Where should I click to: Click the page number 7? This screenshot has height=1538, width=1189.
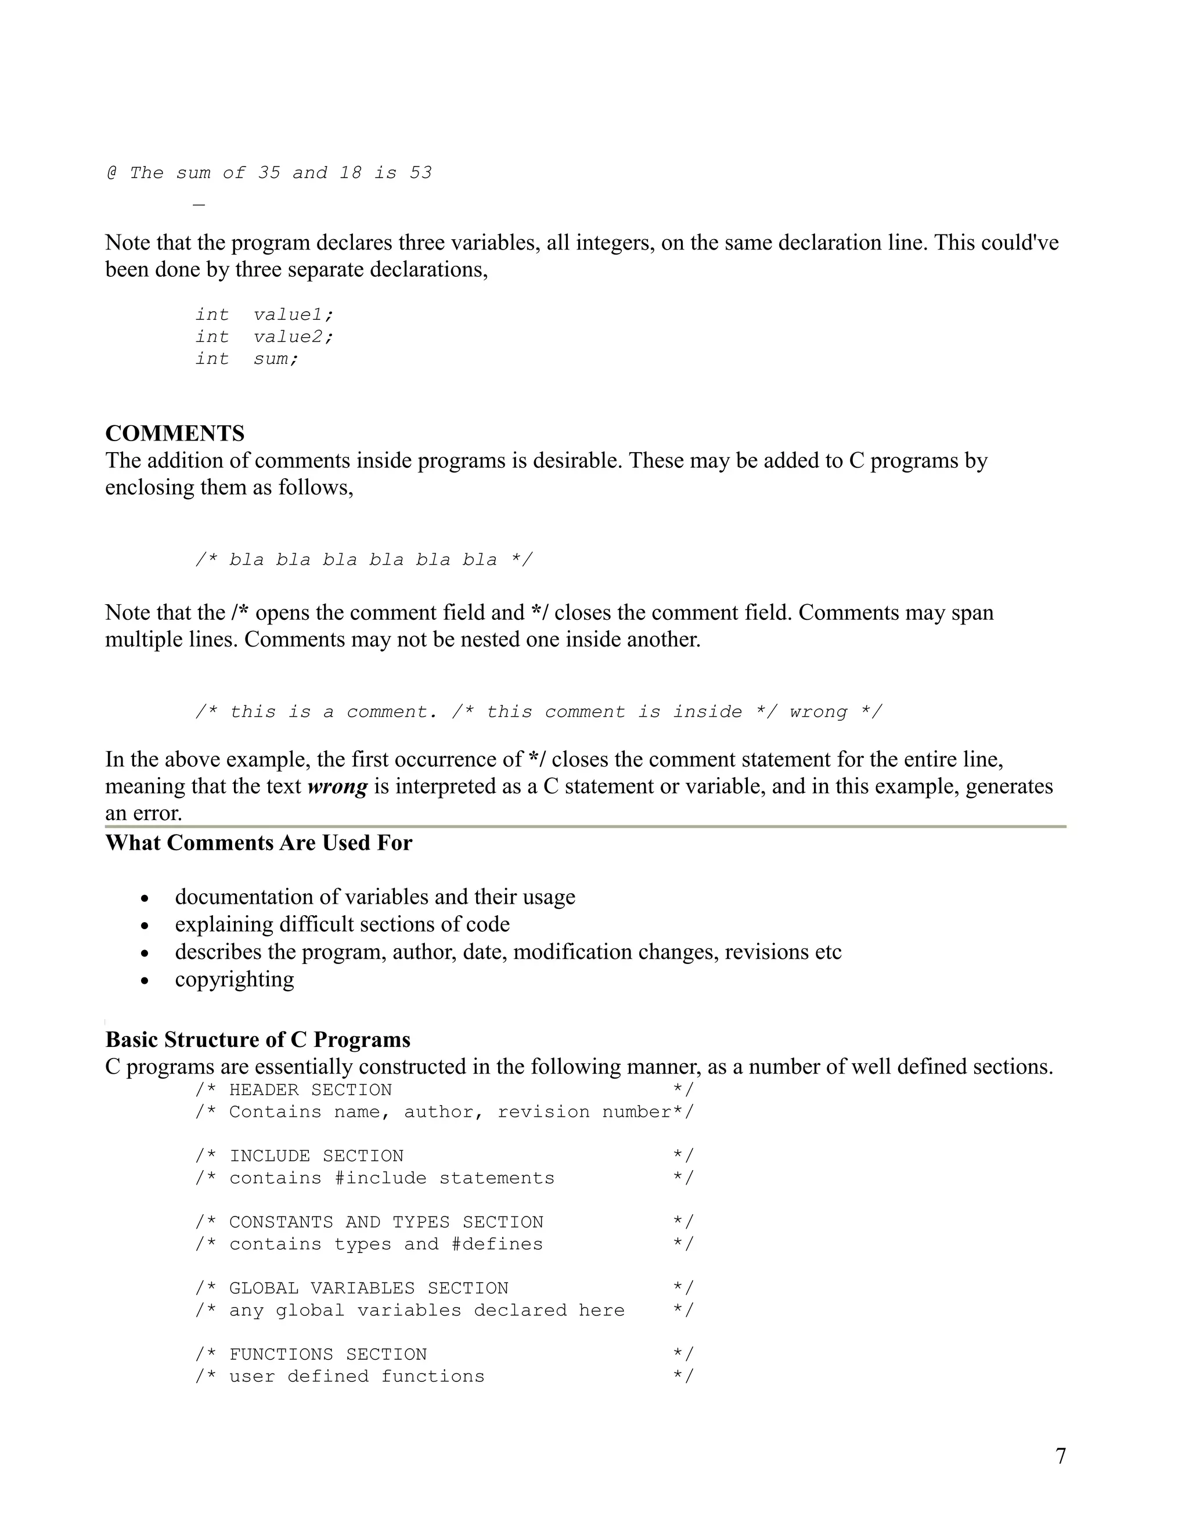pyautogui.click(x=1060, y=1456)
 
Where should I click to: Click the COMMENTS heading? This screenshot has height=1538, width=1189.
pyautogui.click(x=175, y=433)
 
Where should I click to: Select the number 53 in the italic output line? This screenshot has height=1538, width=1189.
pyautogui.click(x=420, y=172)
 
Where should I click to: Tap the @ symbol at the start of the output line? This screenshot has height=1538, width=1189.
pyautogui.click(x=111, y=172)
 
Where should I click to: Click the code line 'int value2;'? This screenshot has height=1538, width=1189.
pyautogui.click(x=264, y=337)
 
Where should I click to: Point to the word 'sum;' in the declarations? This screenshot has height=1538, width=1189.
pyautogui.click(x=276, y=359)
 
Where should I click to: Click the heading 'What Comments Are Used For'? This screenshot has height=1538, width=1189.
pyautogui.click(x=258, y=843)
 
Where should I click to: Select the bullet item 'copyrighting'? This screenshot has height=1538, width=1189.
pyautogui.click(x=235, y=979)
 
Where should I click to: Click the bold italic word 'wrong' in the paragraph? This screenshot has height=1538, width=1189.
pyautogui.click(x=337, y=786)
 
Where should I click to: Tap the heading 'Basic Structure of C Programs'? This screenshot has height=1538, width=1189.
pyautogui.click(x=258, y=1040)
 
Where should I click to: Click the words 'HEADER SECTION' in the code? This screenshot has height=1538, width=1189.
pyautogui.click(x=310, y=1090)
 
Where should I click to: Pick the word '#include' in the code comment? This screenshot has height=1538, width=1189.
pyautogui.click(x=380, y=1178)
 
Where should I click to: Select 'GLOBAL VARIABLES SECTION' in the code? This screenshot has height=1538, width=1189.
pyautogui.click(x=369, y=1288)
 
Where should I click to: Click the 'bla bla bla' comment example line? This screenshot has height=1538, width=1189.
pyautogui.click(x=363, y=560)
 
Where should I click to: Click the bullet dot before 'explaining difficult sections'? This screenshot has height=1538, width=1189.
pyautogui.click(x=145, y=925)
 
